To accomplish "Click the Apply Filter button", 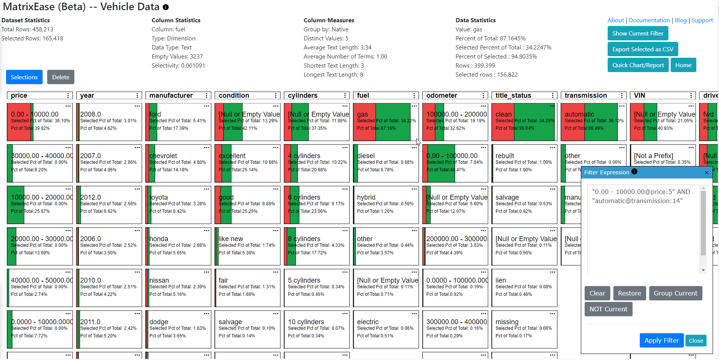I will pyautogui.click(x=661, y=340).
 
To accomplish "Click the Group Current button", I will pyautogui.click(x=675, y=293).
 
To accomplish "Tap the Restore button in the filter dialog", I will pyautogui.click(x=629, y=293).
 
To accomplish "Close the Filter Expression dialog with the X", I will pyautogui.click(x=707, y=172).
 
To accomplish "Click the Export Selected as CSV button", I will pyautogui.click(x=642, y=49).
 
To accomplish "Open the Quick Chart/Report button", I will pyautogui.click(x=638, y=65).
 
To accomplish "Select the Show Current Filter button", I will pyautogui.click(x=637, y=33).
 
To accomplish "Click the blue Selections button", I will pyautogui.click(x=24, y=77).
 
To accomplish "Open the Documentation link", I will pyautogui.click(x=649, y=20).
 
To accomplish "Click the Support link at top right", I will pyautogui.click(x=702, y=20).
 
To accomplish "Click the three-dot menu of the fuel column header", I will pyautogui.click(x=414, y=95).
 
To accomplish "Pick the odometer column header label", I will pyautogui.click(x=442, y=95).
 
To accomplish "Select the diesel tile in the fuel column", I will pyautogui.click(x=366, y=156).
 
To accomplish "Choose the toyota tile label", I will pyautogui.click(x=159, y=197).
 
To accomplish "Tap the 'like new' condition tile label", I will pyautogui.click(x=231, y=239).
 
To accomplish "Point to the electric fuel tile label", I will pyautogui.click(x=368, y=322).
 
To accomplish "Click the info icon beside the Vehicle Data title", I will pyautogui.click(x=166, y=7).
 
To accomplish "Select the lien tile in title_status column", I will pyautogui.click(x=500, y=280).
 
